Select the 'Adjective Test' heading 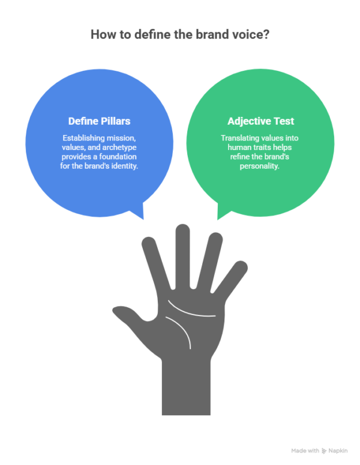pyautogui.click(x=260, y=121)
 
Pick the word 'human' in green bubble pyautogui.click(x=232, y=147)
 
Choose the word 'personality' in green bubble pyautogui.click(x=260, y=165)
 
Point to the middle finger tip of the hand pyautogui.click(x=182, y=231)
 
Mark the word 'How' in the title pyautogui.click(x=100, y=34)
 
